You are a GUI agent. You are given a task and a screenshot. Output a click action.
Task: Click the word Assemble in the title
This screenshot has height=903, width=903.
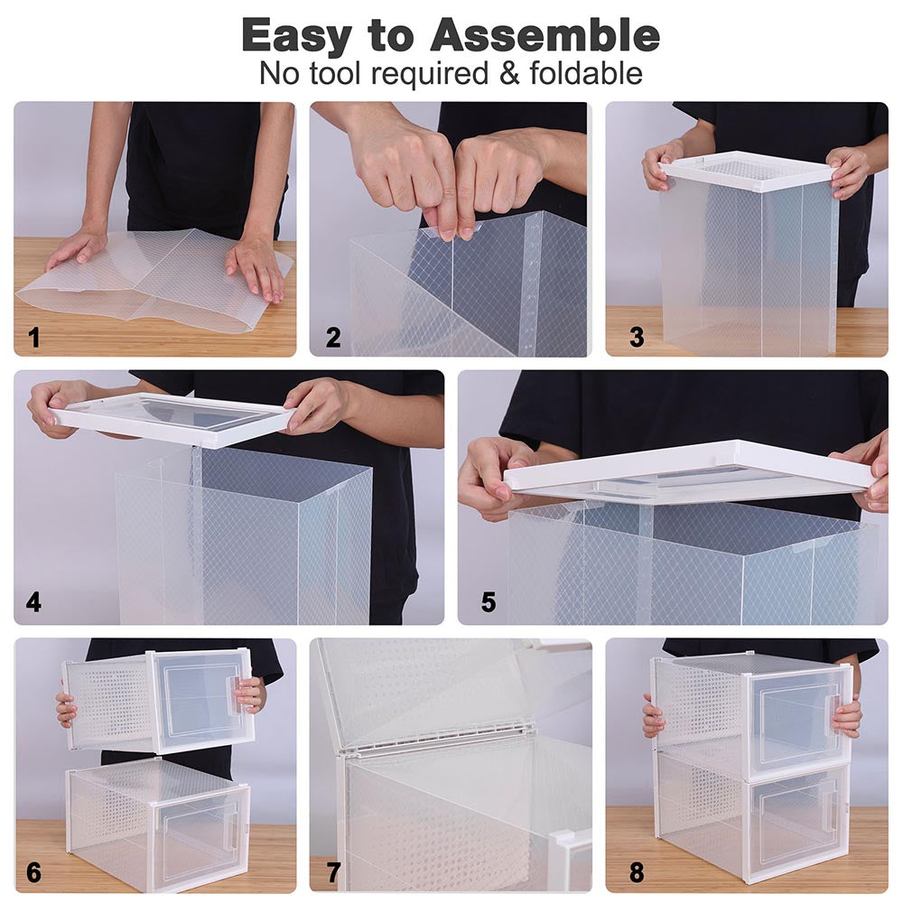[x=545, y=36]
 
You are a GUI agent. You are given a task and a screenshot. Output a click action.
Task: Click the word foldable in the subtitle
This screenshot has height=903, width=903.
[x=588, y=73]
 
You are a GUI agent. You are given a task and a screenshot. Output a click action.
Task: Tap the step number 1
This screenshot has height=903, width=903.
[x=34, y=339]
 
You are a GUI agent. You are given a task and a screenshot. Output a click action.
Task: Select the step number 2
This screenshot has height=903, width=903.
[x=333, y=339]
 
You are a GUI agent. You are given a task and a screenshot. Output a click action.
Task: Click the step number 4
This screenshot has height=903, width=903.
[x=33, y=602]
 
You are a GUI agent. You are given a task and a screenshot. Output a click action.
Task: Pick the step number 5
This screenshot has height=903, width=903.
[x=489, y=602]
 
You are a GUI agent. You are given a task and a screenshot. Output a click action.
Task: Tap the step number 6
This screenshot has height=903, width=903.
[x=34, y=872]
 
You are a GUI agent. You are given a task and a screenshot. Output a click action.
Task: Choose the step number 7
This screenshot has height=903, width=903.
[x=333, y=873]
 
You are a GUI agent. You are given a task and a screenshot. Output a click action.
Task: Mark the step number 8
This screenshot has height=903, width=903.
[x=638, y=873]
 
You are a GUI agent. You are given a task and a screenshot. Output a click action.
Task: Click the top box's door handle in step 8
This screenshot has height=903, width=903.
[x=830, y=705]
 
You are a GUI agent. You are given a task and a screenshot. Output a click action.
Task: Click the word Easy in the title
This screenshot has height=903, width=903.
[x=299, y=36]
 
